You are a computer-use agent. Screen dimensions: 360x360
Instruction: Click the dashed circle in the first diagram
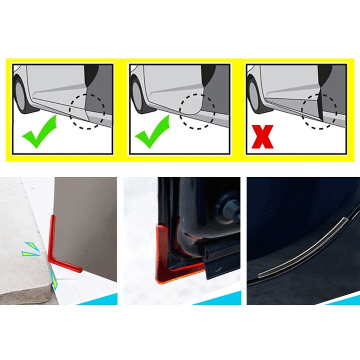point(87,111)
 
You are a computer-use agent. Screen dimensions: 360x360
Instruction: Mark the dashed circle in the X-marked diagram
point(319,111)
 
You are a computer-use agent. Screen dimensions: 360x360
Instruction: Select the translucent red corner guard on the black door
point(166,259)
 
